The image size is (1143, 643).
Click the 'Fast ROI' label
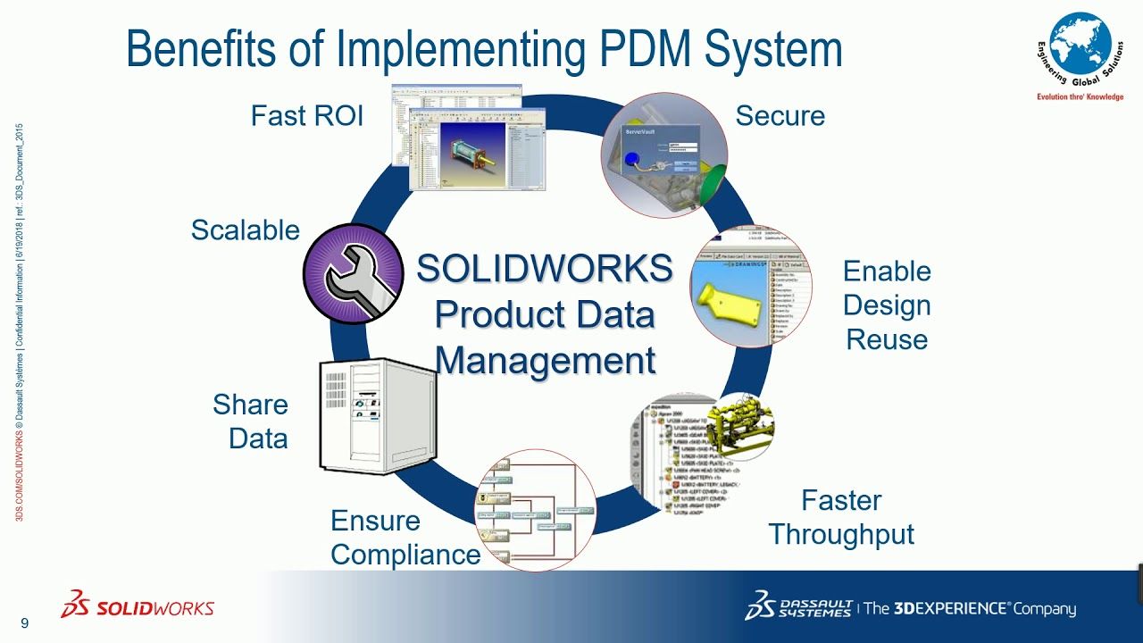pyautogui.click(x=306, y=116)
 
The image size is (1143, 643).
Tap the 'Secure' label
pyautogui.click(x=780, y=116)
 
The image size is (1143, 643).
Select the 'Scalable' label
pyautogui.click(x=245, y=230)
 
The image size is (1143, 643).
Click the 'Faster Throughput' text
pyautogui.click(x=841, y=518)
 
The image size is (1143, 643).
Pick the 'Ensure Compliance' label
pyautogui.click(x=405, y=538)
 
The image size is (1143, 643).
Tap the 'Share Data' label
pyautogui.click(x=250, y=422)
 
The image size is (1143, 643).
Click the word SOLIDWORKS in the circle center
pyautogui.click(x=544, y=269)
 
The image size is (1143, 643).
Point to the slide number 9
pyautogui.click(x=24, y=623)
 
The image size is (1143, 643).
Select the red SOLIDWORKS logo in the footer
pyautogui.click(x=138, y=606)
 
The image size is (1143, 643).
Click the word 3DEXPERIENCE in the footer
pyautogui.click(x=951, y=609)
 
